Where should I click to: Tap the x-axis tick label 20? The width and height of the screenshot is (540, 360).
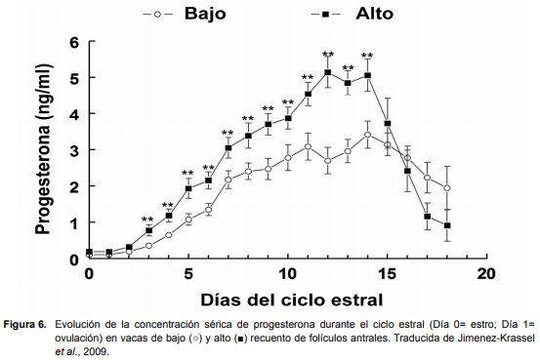487,274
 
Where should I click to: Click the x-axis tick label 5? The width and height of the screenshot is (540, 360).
188,274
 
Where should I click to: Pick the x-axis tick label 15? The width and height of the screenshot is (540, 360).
388,274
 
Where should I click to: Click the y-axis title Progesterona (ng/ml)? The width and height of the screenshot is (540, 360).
44,149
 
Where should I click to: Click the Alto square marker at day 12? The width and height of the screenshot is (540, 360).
328,72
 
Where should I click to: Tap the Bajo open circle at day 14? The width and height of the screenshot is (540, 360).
367,135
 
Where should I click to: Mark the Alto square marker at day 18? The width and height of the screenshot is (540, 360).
447,225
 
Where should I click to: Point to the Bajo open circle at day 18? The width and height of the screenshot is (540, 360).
447,188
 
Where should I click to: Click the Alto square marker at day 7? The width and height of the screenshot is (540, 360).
228,148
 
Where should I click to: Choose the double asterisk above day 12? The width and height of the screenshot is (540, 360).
328,55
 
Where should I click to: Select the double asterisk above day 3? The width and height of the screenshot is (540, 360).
148,220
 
